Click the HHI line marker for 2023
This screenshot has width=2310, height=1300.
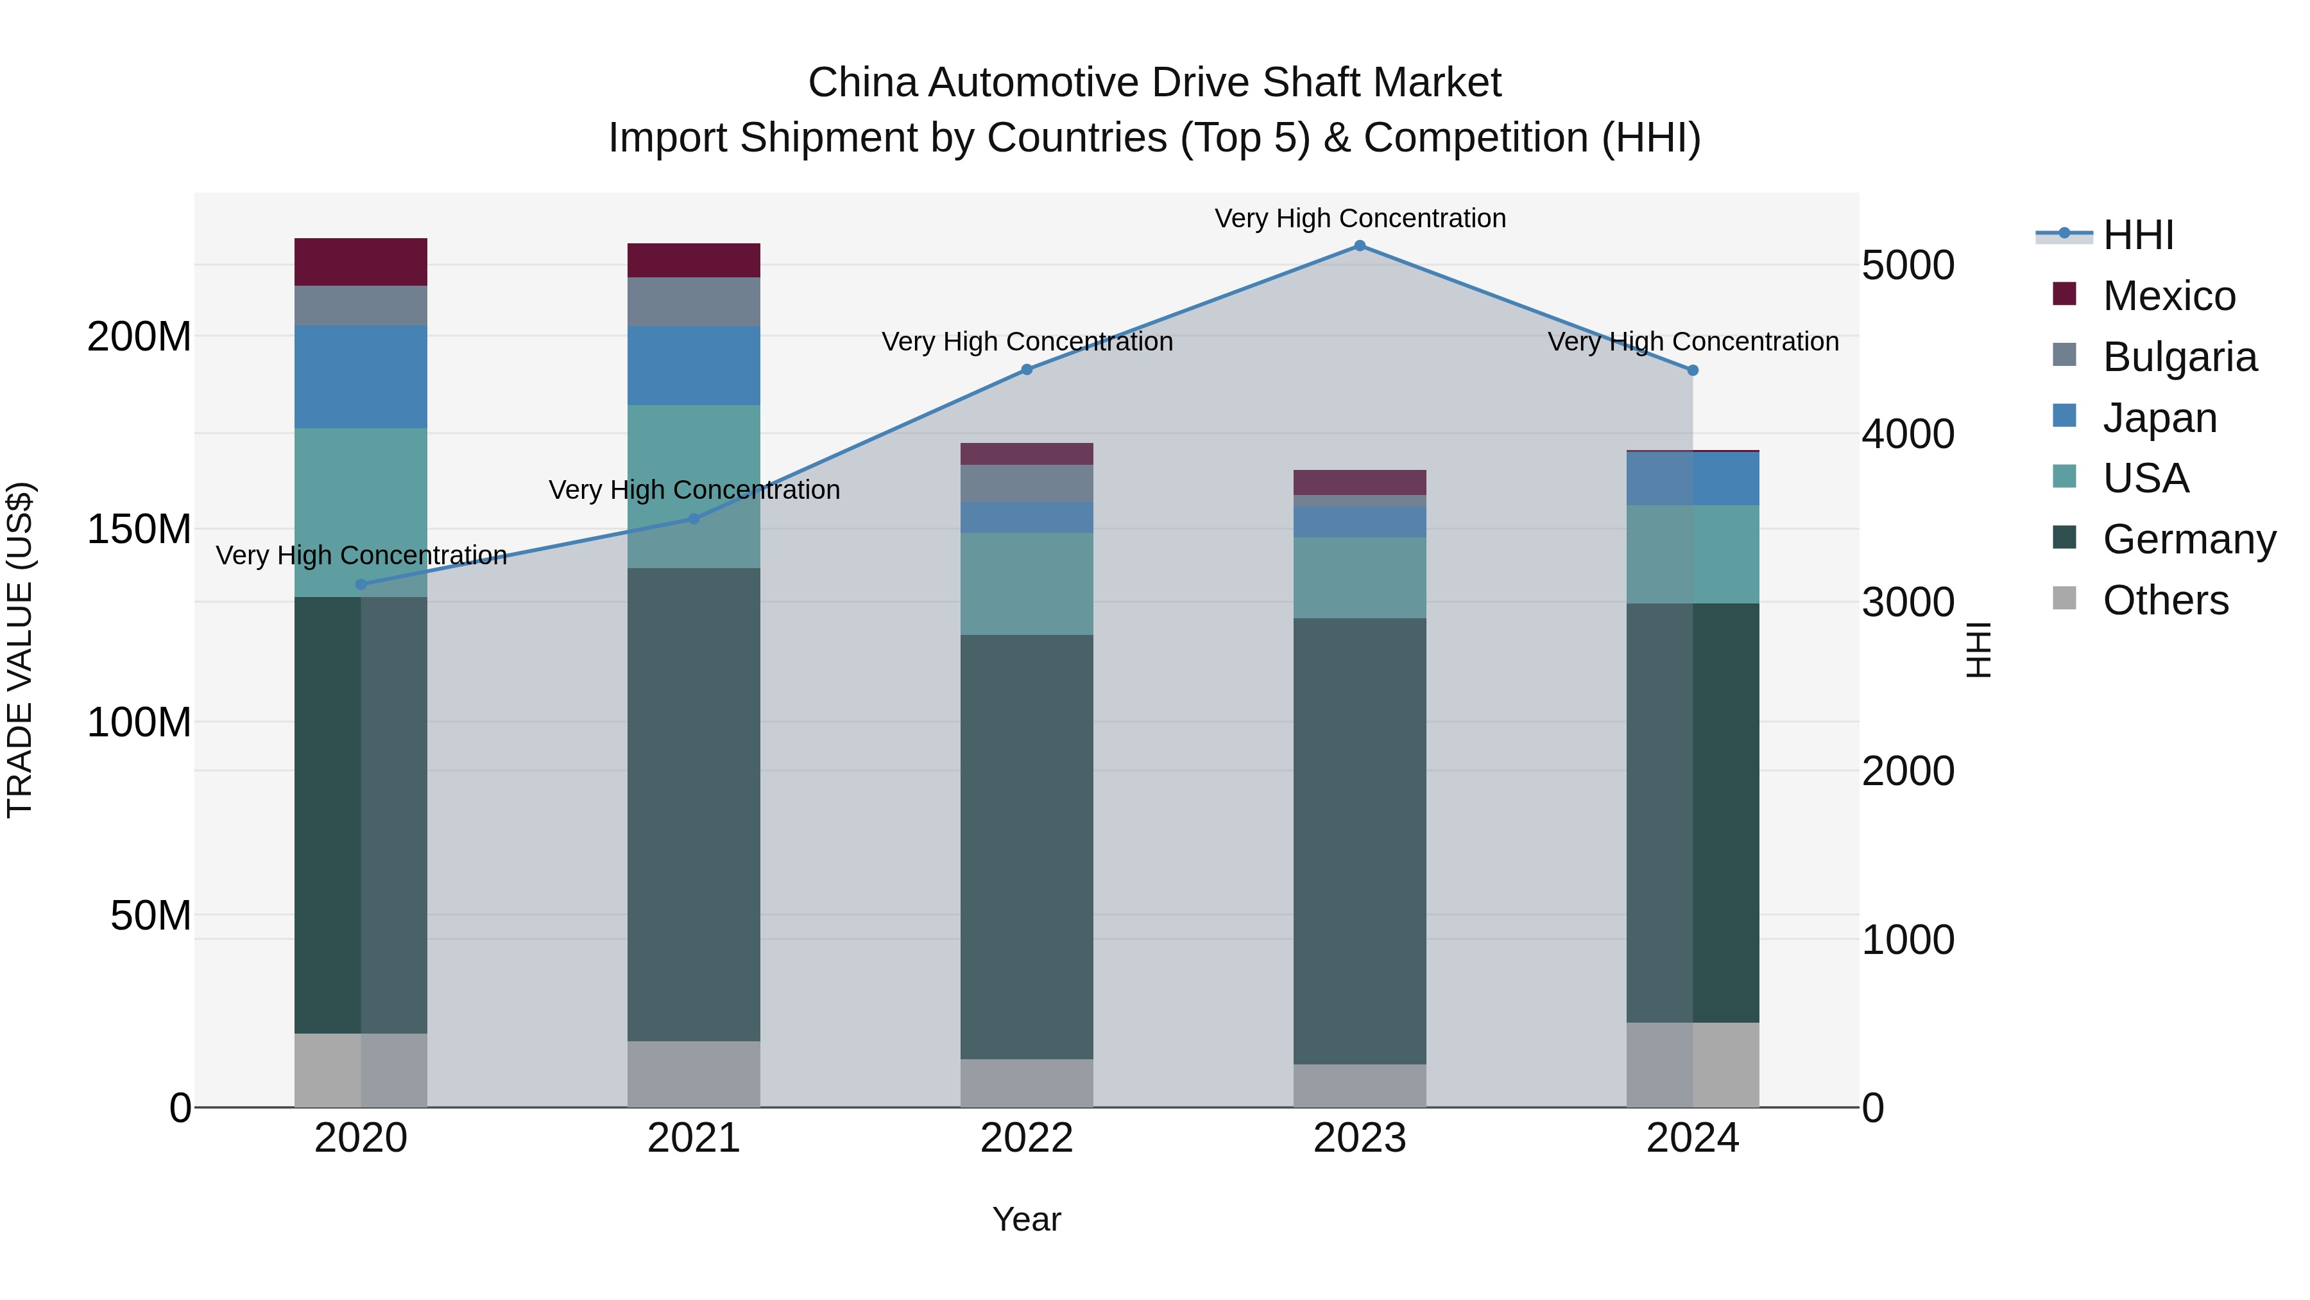(x=1360, y=246)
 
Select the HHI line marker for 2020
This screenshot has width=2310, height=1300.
(x=361, y=584)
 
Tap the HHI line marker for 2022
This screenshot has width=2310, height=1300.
(x=1027, y=370)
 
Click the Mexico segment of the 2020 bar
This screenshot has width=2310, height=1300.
(x=361, y=262)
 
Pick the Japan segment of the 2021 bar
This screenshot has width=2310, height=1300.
(x=693, y=365)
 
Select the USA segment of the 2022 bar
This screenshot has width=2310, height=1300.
(x=1027, y=584)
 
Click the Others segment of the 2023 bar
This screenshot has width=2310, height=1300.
(x=1360, y=1086)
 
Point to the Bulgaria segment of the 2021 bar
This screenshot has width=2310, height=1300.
(x=693, y=302)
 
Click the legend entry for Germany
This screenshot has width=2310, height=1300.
(x=2188, y=539)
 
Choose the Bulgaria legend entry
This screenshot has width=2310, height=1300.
(x=2179, y=357)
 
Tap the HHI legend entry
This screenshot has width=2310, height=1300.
(x=2138, y=235)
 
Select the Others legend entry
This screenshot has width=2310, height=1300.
(x=2165, y=600)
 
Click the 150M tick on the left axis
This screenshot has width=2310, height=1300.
(x=139, y=530)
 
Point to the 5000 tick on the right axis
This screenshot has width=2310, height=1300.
(x=1908, y=266)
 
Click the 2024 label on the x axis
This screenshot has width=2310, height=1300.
(x=1692, y=1138)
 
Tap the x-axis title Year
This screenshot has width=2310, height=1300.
(x=1027, y=1219)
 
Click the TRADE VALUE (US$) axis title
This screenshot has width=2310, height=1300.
(x=20, y=650)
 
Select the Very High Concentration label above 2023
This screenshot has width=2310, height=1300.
(x=1360, y=218)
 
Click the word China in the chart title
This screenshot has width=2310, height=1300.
(x=862, y=83)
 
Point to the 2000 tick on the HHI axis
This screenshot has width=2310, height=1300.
(x=1908, y=770)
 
